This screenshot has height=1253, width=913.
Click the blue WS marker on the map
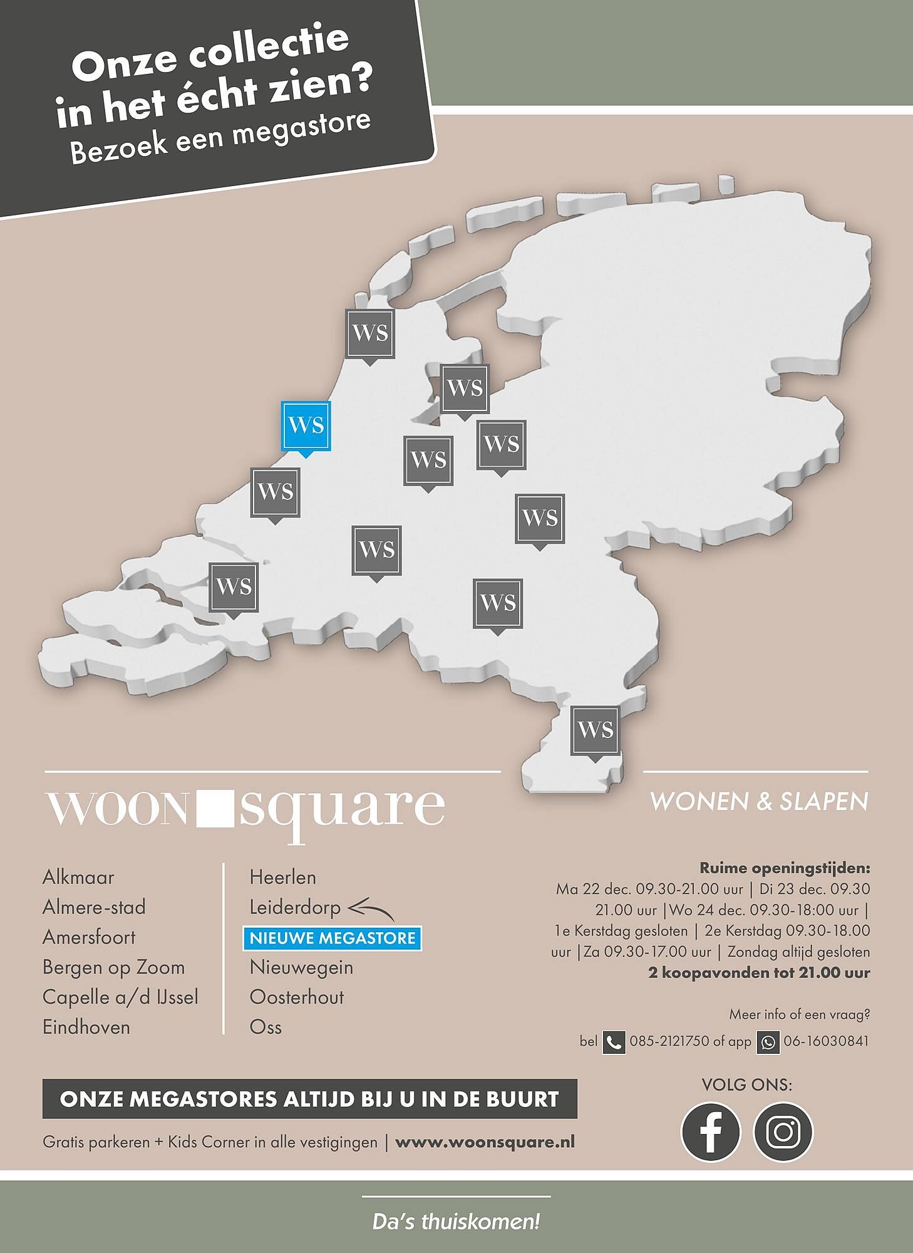(x=306, y=425)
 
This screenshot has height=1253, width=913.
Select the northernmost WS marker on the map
(x=370, y=334)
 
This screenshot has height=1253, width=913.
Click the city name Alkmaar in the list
(x=78, y=877)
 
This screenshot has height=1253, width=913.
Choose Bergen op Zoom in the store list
(x=114, y=967)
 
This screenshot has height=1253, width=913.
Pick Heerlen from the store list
(x=282, y=877)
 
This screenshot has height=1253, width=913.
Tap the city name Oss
(x=266, y=1027)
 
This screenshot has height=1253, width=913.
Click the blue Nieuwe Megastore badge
(x=333, y=938)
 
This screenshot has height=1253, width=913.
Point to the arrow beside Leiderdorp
(x=371, y=909)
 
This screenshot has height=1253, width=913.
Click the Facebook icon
(x=710, y=1132)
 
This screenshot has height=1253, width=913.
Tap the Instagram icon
(x=783, y=1132)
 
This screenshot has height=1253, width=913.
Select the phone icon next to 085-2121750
(x=614, y=1042)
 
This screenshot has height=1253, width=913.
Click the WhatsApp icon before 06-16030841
(x=768, y=1042)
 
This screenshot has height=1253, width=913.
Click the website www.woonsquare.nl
(x=485, y=1141)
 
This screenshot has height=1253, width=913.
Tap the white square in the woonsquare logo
(x=214, y=809)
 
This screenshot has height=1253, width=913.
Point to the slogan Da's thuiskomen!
(x=456, y=1222)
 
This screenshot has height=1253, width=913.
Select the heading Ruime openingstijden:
(x=785, y=868)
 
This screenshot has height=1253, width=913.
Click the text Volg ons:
(x=746, y=1085)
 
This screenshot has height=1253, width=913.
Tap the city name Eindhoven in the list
(x=86, y=1027)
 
